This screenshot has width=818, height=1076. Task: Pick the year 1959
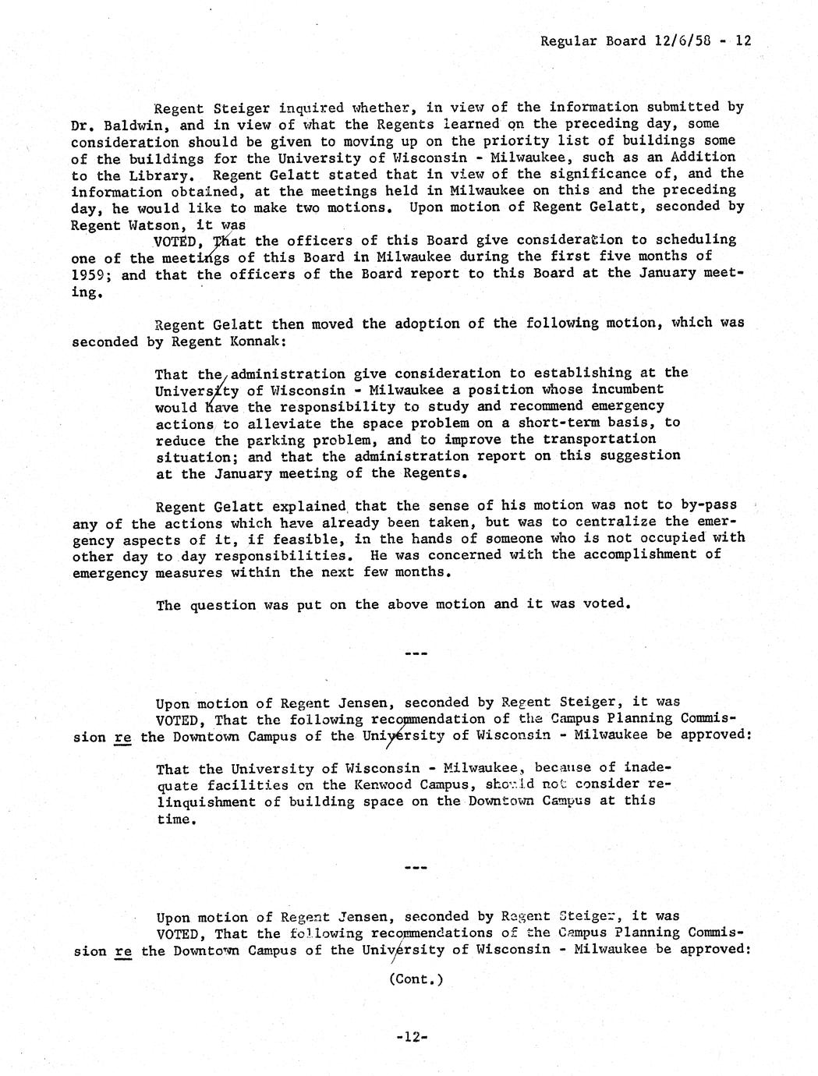coord(88,274)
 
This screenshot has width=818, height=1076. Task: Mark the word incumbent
coord(627,389)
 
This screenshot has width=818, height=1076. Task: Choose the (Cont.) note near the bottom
coord(416,979)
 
